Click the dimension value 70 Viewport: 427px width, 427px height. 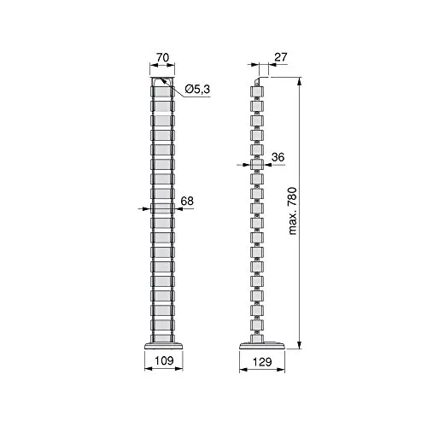(x=162, y=57)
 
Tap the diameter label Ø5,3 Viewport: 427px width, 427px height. (x=197, y=89)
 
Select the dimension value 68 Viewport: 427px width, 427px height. (x=187, y=201)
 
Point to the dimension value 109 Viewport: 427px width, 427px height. (x=164, y=360)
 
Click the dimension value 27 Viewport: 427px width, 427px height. (x=281, y=57)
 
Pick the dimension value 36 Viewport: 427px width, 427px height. (x=278, y=157)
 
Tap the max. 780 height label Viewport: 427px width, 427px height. (x=292, y=211)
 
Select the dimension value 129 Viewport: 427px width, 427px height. (x=262, y=362)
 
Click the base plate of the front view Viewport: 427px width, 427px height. (x=163, y=346)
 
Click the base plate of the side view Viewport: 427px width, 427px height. (x=262, y=346)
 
